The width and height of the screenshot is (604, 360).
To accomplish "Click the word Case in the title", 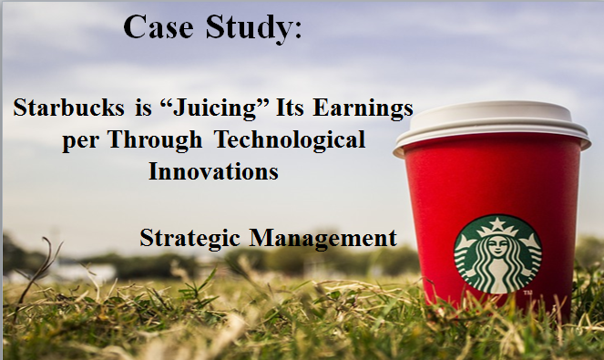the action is pos(159,27).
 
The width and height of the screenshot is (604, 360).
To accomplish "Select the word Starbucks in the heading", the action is pos(69,108).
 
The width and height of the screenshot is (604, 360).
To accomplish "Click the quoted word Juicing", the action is pos(214,108).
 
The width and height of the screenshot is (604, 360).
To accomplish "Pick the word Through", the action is pos(155,140).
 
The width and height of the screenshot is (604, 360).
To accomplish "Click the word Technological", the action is pos(290,140).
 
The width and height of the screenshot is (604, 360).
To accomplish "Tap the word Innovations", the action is pos(213,171).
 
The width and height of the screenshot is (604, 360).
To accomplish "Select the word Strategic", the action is pos(189,239).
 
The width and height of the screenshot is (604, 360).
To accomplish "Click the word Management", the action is pos(323,239).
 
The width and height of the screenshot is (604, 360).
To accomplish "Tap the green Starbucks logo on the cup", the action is pos(497,254).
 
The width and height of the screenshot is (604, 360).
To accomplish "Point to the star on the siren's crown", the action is pos(497,222).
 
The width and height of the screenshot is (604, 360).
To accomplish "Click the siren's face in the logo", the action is pos(497,247).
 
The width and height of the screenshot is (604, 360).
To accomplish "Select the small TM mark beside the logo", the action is pos(527,293).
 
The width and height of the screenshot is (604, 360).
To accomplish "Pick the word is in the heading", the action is pos(143,108).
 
